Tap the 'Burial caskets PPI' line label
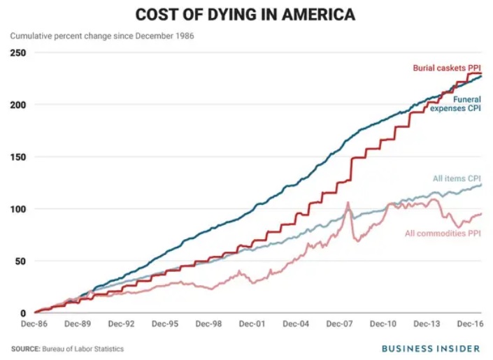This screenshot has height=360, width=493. pos(445,68)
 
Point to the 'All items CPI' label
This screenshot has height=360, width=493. pos(457,179)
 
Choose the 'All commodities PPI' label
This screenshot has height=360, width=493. pos(443,233)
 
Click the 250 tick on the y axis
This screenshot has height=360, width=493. pos(19,52)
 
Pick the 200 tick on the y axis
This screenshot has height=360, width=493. pos(19,105)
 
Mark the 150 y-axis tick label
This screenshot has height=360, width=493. pos(19,157)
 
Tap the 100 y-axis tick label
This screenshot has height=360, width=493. pos(19,209)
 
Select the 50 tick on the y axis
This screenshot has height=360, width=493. pos(21,261)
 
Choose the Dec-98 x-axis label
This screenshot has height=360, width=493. pos(208,324)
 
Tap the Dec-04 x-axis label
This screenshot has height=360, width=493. pos(296,324)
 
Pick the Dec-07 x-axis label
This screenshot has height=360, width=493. pos(341,324)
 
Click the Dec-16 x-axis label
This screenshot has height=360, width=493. pos(470,324)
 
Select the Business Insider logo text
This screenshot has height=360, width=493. pos(430,347)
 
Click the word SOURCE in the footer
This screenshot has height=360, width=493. pos(27,348)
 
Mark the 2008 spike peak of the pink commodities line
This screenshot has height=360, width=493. pos(348,203)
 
